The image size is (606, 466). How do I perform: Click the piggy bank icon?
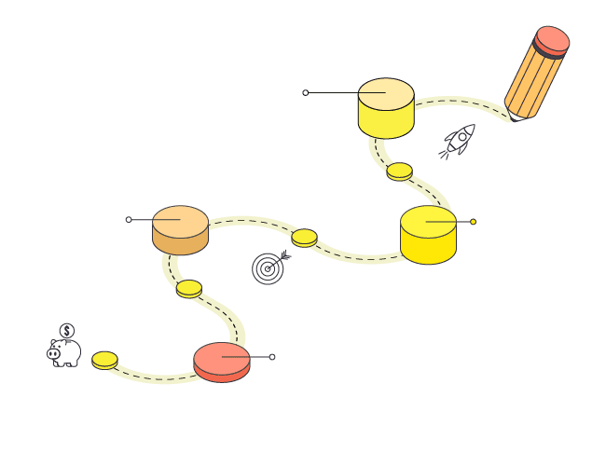(x=65, y=353)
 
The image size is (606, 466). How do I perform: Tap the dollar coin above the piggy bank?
(x=67, y=330)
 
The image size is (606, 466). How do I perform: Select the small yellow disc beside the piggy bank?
(x=104, y=360)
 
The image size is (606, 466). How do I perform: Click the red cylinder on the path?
(x=222, y=362)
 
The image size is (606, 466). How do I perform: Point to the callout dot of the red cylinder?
(x=272, y=357)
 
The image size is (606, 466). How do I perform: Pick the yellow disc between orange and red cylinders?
(x=189, y=289)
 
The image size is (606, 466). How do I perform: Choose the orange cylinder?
(x=180, y=229)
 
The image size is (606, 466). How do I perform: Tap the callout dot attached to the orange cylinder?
(x=129, y=220)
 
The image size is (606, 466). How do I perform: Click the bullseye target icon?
(x=268, y=267)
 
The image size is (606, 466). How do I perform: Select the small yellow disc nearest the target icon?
(x=304, y=238)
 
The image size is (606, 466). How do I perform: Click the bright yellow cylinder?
(x=428, y=235)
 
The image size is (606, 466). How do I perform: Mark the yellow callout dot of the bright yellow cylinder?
(x=473, y=222)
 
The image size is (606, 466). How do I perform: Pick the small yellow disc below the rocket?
(x=399, y=171)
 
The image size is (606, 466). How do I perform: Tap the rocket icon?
(x=458, y=141)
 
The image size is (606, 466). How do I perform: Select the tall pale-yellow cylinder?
(x=385, y=108)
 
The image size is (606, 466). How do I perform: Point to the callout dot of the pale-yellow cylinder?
(x=305, y=92)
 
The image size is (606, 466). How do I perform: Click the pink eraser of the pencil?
(x=553, y=39)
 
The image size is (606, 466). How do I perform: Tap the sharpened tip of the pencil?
(x=512, y=117)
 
